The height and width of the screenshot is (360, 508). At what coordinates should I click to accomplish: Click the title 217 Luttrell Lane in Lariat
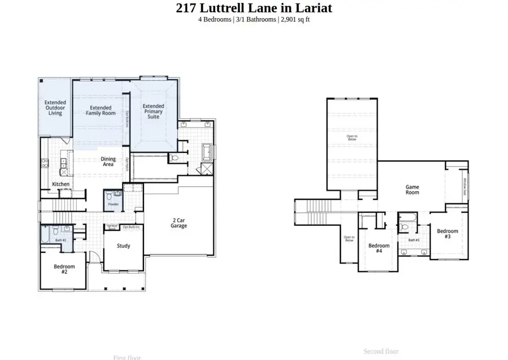coord(254,8)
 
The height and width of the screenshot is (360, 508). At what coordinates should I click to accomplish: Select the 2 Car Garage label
coord(179,223)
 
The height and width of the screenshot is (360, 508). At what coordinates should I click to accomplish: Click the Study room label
coord(123,245)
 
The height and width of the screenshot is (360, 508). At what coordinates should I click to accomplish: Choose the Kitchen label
coord(61,185)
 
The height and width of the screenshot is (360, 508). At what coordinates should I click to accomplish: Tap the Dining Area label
coord(108,162)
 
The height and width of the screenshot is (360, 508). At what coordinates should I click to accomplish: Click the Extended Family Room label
coord(100,110)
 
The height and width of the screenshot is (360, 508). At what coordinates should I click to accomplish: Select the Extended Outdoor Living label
coord(55,108)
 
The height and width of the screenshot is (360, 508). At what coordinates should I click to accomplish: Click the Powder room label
coord(113,204)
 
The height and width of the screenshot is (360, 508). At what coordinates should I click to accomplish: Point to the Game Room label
coord(413,189)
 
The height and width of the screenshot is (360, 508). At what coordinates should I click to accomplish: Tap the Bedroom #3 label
coord(448,234)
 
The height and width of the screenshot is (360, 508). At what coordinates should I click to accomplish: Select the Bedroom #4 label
coord(379,248)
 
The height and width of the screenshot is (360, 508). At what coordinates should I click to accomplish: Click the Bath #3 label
coord(414,240)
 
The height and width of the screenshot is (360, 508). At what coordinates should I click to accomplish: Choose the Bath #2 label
coord(60,240)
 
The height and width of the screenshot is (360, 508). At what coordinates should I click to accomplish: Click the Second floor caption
coord(381,351)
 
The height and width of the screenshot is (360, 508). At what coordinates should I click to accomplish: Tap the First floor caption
coord(127,357)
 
